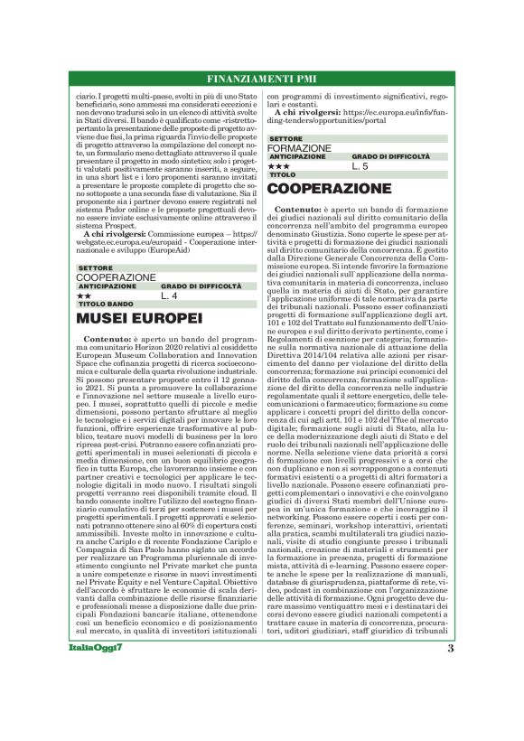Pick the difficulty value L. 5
coord(360,166)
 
